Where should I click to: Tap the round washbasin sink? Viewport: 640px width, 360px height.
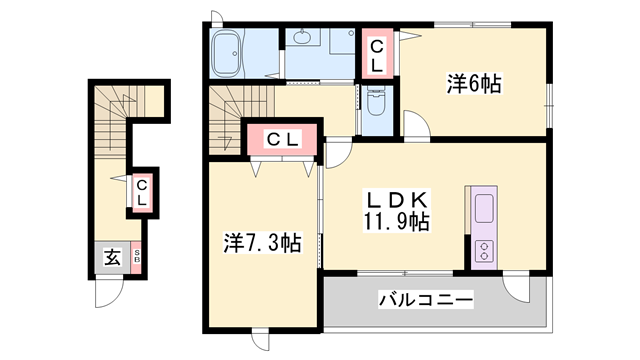pyautogui.click(x=303, y=39)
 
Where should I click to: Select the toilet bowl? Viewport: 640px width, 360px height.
pyautogui.click(x=376, y=102)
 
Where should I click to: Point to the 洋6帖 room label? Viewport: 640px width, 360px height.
pyautogui.click(x=472, y=85)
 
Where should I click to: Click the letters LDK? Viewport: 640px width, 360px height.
pyautogui.click(x=395, y=199)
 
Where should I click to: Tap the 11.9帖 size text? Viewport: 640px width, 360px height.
pyautogui.click(x=396, y=221)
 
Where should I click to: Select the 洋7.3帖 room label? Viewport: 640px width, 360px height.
pyautogui.click(x=262, y=242)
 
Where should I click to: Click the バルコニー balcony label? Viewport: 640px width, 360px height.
pyautogui.click(x=425, y=300)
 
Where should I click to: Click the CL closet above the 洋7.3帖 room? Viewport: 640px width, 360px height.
pyautogui.click(x=283, y=139)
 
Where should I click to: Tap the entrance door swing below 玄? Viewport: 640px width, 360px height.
pyautogui.click(x=108, y=290)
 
